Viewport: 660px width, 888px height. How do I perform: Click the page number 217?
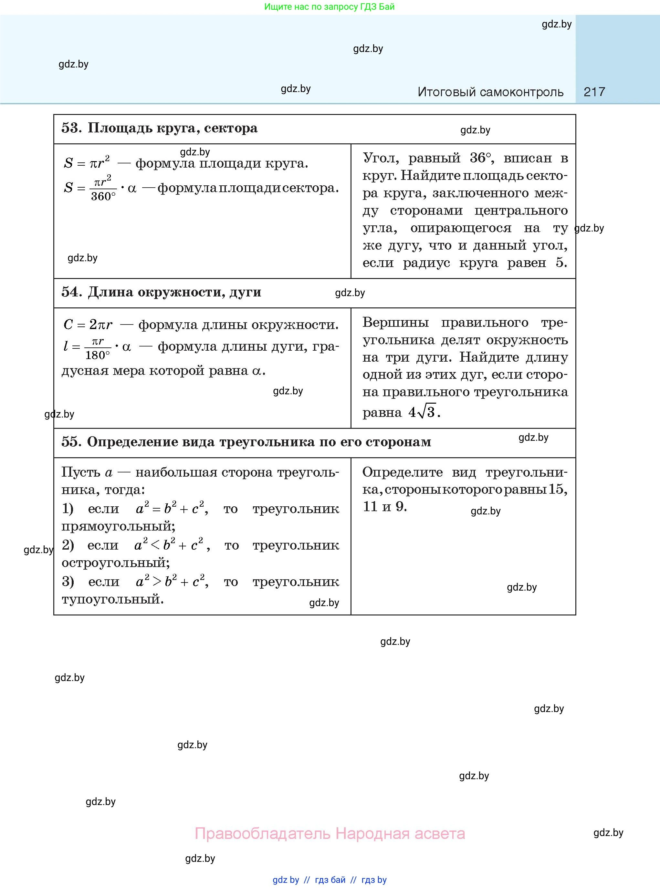tap(594, 92)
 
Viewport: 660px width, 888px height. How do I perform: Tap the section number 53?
tap(70, 128)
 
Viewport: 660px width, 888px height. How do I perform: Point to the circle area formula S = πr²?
tap(87, 162)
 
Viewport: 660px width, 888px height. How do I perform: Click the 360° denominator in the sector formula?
tap(103, 196)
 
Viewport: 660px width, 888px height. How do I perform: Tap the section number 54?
tap(70, 292)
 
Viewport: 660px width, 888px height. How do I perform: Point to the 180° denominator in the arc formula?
tap(98, 355)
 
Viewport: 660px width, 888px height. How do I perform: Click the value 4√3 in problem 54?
tap(423, 412)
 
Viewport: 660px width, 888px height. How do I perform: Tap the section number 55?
tap(70, 442)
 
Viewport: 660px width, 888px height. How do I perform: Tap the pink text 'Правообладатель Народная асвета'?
tap(330, 833)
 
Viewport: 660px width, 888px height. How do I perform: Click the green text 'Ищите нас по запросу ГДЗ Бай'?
tap(329, 7)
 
